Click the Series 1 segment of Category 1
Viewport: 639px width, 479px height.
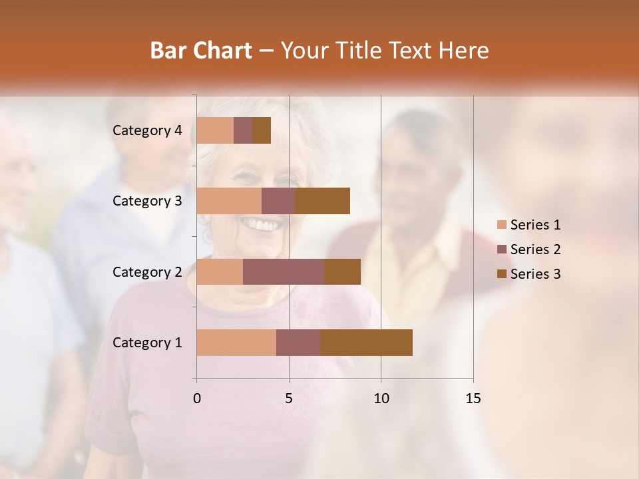pos(236,343)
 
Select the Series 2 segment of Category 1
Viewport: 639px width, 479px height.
pos(298,343)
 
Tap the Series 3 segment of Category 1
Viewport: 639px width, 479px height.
pos(366,343)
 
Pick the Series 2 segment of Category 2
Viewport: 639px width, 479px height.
pos(284,271)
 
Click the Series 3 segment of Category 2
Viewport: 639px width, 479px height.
pos(342,271)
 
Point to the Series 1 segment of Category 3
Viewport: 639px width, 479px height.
pos(229,201)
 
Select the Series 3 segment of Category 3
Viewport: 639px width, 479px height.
pos(322,201)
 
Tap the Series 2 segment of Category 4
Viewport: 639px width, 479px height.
pos(243,130)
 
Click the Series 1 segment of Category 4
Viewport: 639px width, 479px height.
pos(215,130)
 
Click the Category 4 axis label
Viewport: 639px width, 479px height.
pos(147,130)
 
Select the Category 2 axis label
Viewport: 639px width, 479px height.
pos(147,271)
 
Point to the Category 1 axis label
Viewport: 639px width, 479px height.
pos(147,343)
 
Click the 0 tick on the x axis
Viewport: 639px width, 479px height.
pos(197,399)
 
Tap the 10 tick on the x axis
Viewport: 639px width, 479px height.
pos(381,399)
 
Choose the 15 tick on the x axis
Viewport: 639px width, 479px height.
pos(473,399)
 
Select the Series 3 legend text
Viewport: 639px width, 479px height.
pos(535,274)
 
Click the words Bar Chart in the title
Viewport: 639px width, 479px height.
pos(201,51)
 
